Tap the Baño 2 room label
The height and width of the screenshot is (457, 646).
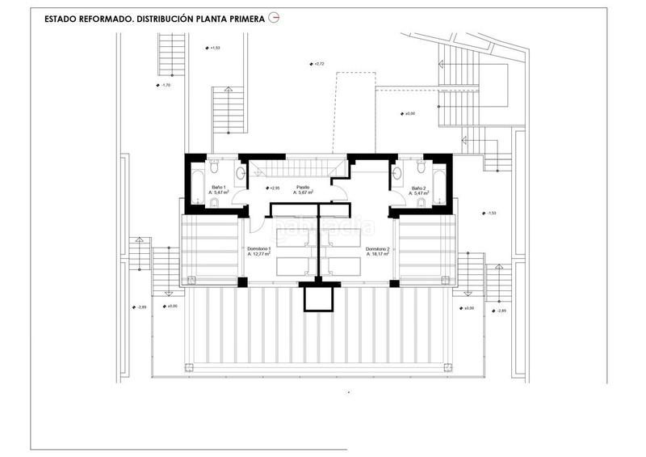417,188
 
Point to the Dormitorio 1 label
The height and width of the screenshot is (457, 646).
259,249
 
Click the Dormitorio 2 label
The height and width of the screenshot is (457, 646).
378,249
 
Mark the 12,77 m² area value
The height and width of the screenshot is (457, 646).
261,255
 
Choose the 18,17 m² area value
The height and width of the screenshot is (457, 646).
379,255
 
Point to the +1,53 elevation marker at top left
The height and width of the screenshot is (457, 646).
212,48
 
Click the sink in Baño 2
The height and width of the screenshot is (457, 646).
396,172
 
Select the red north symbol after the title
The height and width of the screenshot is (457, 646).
274,17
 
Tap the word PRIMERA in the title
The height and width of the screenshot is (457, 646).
243,17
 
